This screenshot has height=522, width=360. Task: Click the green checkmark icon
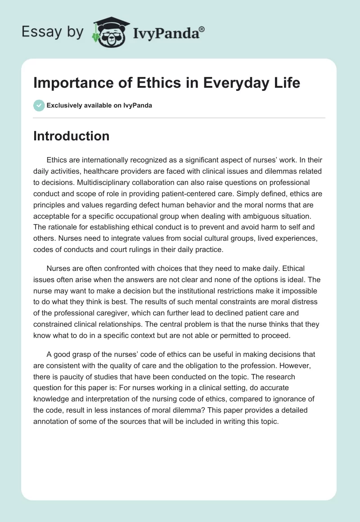(x=39, y=105)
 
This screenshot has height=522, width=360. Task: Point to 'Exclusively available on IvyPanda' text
(x=99, y=106)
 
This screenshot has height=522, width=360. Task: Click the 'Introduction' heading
(x=71, y=136)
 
